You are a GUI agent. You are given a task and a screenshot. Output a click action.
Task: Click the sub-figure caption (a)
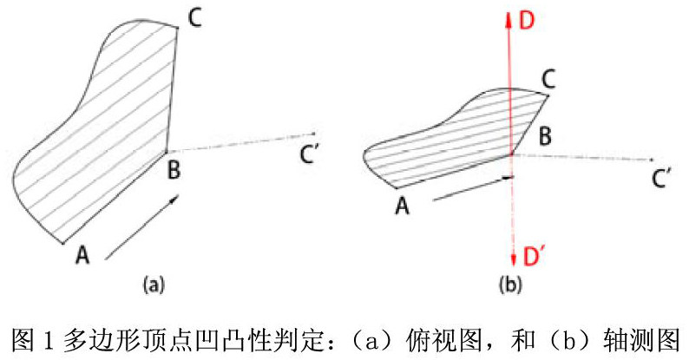[153, 284]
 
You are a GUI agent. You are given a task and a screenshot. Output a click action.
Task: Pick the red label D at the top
[527, 19]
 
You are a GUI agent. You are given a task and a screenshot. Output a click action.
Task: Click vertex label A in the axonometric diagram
[401, 206]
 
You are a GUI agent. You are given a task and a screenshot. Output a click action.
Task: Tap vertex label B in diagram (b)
[545, 136]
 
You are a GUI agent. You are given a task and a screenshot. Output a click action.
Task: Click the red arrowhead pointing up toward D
[510, 21]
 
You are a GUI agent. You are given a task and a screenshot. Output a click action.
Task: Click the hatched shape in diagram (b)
[451, 139]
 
